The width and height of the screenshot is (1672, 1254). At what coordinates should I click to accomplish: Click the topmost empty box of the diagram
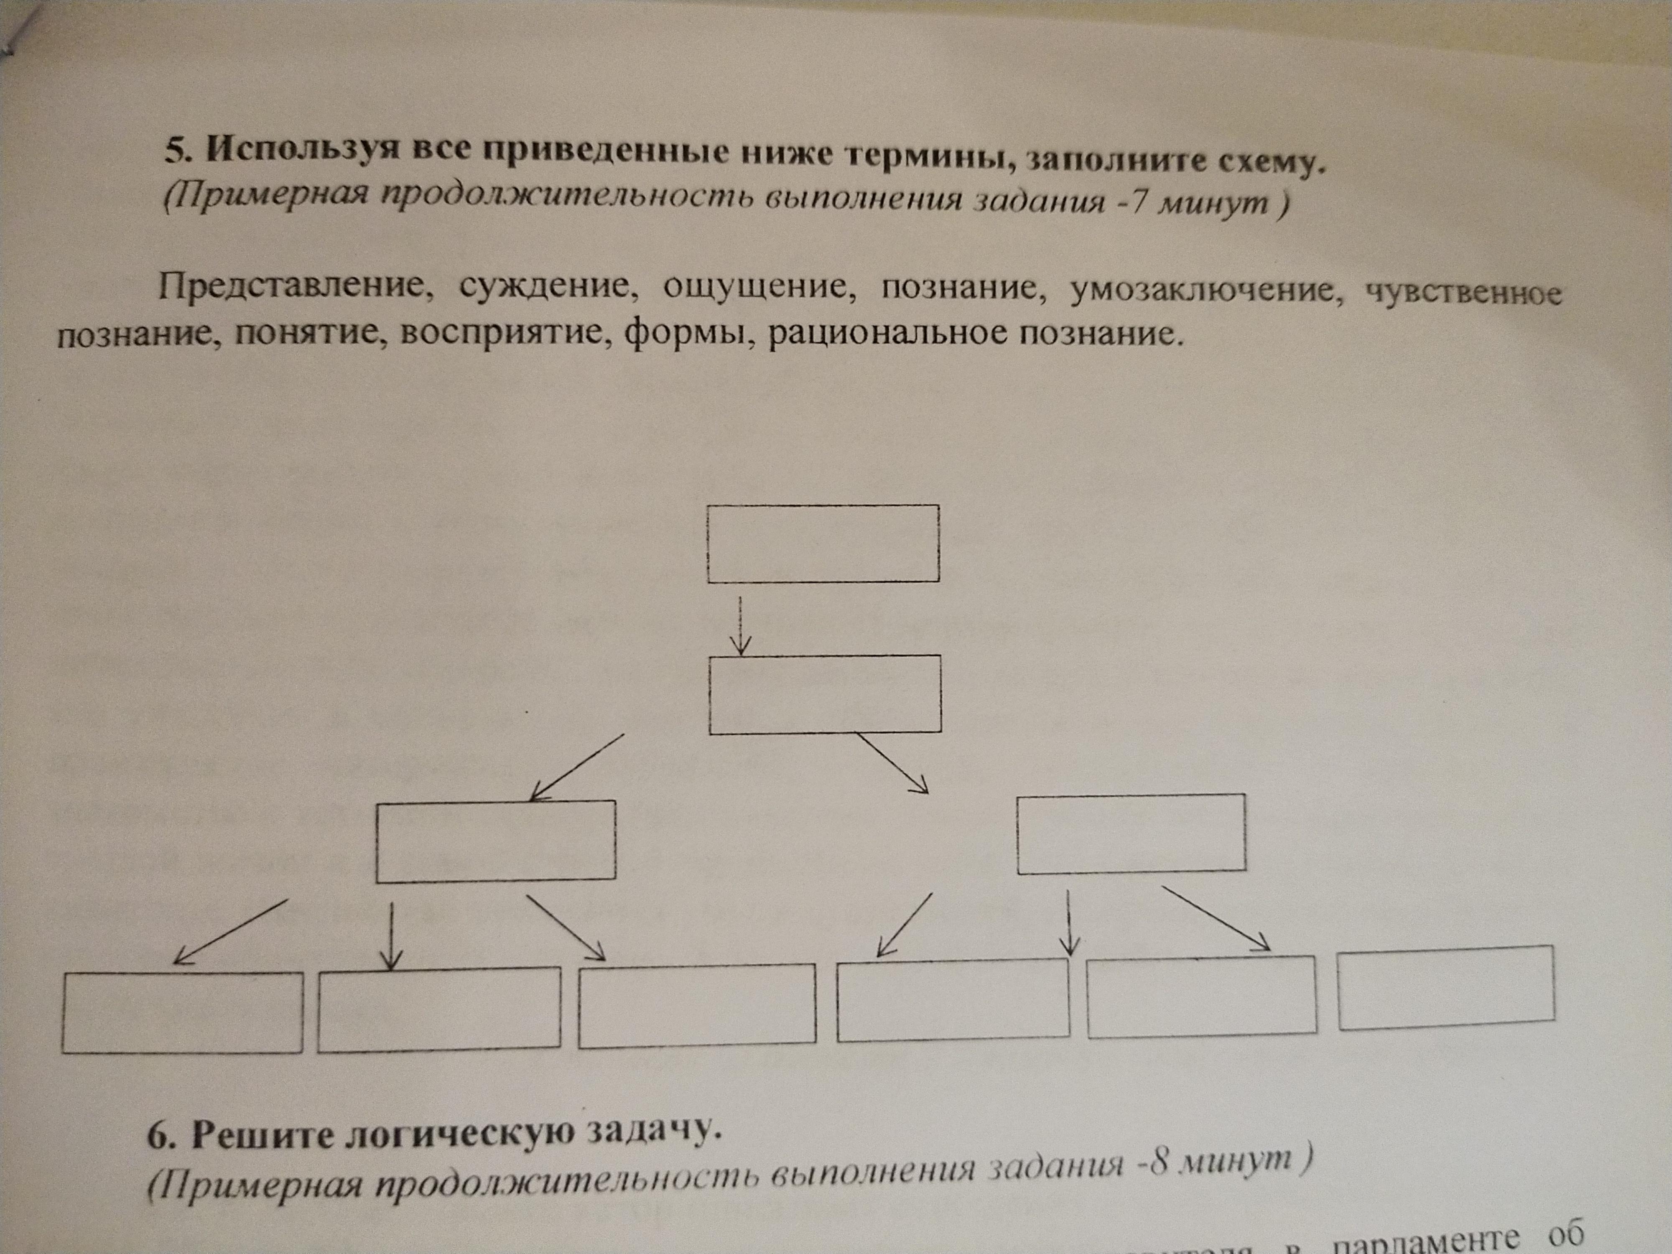(823, 543)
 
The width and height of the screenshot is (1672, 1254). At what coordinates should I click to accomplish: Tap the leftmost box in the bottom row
(182, 1012)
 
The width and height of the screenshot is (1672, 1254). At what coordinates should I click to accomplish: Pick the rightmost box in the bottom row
(1446, 987)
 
